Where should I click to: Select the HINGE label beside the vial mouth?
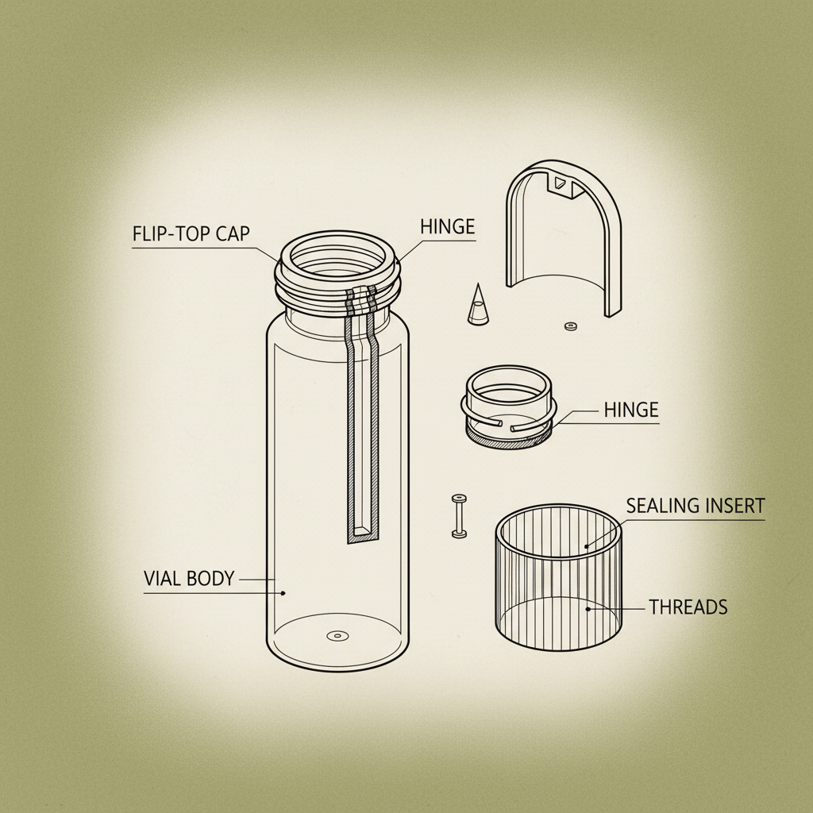pyautogui.click(x=446, y=227)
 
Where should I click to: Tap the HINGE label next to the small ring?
pyautogui.click(x=631, y=410)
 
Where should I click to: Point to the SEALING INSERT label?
pyautogui.click(x=695, y=506)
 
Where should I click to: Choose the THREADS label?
pyautogui.click(x=688, y=607)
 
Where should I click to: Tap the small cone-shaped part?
pyautogui.click(x=478, y=305)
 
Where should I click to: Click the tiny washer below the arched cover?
pyautogui.click(x=568, y=326)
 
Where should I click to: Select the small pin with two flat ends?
pyautogui.click(x=458, y=515)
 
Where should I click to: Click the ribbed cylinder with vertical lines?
pyautogui.click(x=558, y=576)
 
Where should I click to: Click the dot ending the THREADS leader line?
pyautogui.click(x=588, y=609)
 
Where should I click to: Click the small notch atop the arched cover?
pyautogui.click(x=561, y=183)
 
